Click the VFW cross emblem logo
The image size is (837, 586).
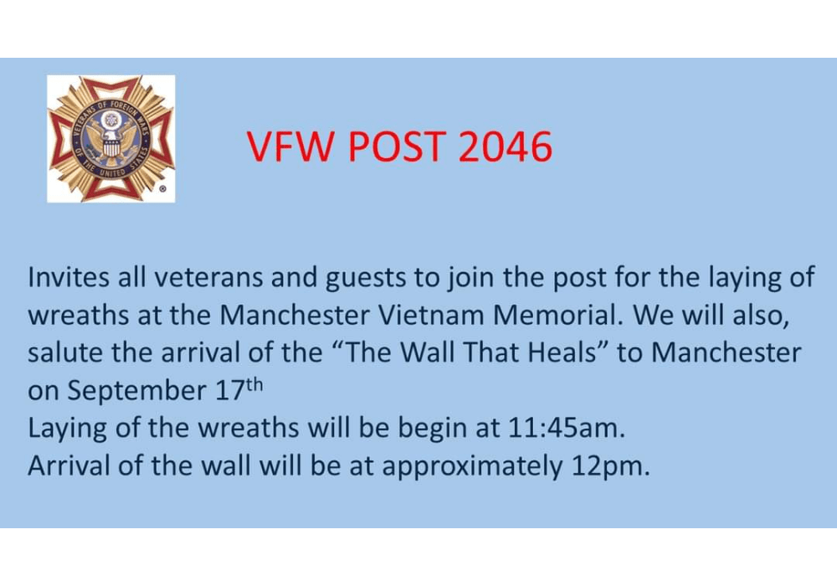click(110, 138)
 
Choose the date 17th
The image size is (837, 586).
click(235, 388)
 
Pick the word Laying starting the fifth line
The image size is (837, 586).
click(68, 429)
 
